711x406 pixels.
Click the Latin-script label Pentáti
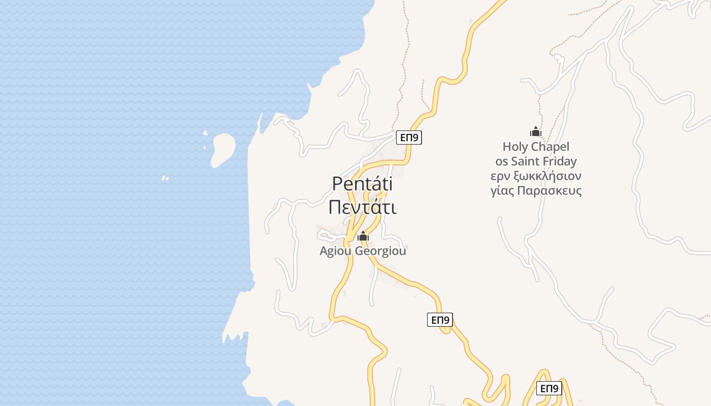362,184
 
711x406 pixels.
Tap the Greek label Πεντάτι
362,207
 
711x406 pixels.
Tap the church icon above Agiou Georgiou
363,236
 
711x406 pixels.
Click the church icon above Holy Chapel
536,132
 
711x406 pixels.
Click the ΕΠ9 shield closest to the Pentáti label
409,138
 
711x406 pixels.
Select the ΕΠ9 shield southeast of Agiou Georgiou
440,320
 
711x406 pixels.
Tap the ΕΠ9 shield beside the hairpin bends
549,389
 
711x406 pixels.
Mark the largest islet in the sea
223,149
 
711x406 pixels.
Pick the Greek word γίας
503,191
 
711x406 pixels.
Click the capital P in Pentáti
337,184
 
